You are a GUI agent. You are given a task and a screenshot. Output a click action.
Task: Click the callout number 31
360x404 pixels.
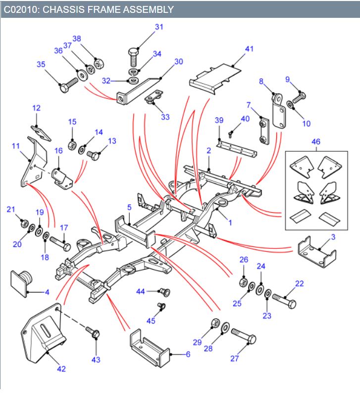click(159, 27)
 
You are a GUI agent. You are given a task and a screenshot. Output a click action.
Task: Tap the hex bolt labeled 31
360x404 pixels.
click(134, 58)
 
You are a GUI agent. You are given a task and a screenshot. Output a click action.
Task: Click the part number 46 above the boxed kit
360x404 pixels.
click(316, 141)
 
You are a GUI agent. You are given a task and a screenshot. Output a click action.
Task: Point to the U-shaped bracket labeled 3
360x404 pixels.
click(317, 252)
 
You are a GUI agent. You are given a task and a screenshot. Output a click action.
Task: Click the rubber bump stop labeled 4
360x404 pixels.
click(21, 284)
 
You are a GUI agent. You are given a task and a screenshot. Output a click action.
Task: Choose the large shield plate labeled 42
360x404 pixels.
click(43, 333)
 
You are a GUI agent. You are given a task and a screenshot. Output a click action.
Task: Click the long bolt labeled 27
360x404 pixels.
click(244, 336)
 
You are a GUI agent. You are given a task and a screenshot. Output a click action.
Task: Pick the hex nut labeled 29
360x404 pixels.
click(215, 323)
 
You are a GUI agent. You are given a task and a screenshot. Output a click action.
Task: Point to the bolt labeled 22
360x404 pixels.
click(284, 301)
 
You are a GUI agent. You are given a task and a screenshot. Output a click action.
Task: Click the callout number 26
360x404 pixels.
click(244, 259)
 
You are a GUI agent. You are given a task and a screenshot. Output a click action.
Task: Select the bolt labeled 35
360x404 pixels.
click(68, 85)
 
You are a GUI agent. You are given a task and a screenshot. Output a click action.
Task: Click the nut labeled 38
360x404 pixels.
click(99, 63)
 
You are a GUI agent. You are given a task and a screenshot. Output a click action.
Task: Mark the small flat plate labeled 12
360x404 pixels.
click(41, 132)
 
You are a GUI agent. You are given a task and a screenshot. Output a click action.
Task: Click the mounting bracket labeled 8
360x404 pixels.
click(279, 111)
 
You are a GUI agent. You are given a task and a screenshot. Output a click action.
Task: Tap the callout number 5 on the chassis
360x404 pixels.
click(129, 207)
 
